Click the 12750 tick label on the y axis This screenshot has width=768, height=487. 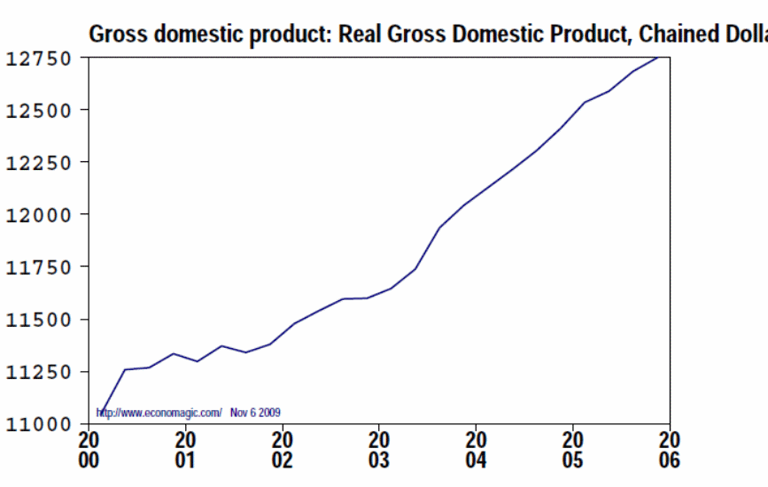[x=41, y=59]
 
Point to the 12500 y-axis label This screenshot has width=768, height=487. [x=41, y=111]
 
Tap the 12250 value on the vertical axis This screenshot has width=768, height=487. [x=41, y=163]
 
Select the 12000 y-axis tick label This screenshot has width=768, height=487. [x=41, y=215]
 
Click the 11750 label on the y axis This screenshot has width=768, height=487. [x=41, y=267]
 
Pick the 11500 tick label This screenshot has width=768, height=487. [x=41, y=320]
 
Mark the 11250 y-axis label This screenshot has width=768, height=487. [x=41, y=372]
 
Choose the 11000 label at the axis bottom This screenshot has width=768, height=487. [x=41, y=424]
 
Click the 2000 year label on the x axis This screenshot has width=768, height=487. [x=89, y=450]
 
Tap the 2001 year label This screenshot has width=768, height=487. [x=186, y=450]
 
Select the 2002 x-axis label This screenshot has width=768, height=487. [x=283, y=450]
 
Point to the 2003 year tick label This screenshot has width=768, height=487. [x=379, y=450]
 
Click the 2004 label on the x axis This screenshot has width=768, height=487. [x=477, y=450]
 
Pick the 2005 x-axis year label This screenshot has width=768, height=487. [x=573, y=450]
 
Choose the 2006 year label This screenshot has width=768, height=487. [x=670, y=450]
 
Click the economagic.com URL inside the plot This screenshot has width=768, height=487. [x=159, y=413]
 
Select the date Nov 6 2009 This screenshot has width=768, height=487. [x=256, y=413]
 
